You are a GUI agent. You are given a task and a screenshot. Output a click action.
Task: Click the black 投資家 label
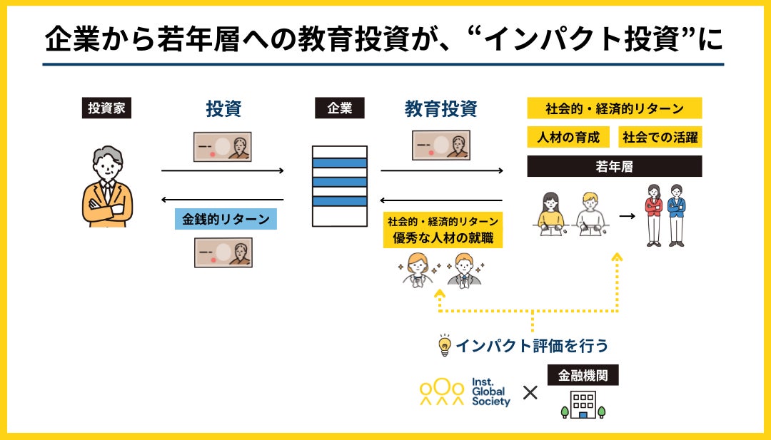tap(106, 108)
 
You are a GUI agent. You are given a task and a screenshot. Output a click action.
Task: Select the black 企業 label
tap(339, 108)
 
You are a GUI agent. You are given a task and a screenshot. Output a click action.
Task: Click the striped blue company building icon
tap(339, 186)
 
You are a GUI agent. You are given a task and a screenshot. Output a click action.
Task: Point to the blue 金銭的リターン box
tap(226, 219)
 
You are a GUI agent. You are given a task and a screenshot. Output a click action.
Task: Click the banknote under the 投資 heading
tap(223, 147)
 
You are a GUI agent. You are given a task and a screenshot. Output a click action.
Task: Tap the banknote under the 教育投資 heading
tap(440, 145)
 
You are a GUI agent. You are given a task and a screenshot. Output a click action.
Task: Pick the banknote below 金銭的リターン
tap(223, 252)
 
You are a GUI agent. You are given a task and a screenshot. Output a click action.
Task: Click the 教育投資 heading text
tap(440, 109)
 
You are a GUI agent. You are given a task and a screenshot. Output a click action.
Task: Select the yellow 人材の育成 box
tap(568, 137)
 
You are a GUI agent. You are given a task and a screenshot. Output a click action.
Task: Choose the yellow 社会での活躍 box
tap(660, 137)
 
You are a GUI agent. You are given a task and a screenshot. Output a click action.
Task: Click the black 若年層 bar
tap(614, 166)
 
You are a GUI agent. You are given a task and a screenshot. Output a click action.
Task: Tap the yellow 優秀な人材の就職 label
tap(443, 238)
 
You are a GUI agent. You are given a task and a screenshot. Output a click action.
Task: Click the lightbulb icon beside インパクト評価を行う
tap(444, 345)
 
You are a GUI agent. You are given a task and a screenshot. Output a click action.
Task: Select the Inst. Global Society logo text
tap(491, 392)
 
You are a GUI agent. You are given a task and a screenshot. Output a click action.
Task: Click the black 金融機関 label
tap(583, 374)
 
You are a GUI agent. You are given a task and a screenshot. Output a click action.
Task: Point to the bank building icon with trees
tap(583, 404)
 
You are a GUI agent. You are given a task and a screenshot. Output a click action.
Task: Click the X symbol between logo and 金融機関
tap(530, 392)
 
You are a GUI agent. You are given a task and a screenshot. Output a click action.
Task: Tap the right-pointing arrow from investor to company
tap(223, 171)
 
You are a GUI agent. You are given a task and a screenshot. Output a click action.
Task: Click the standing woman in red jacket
tap(653, 215)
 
